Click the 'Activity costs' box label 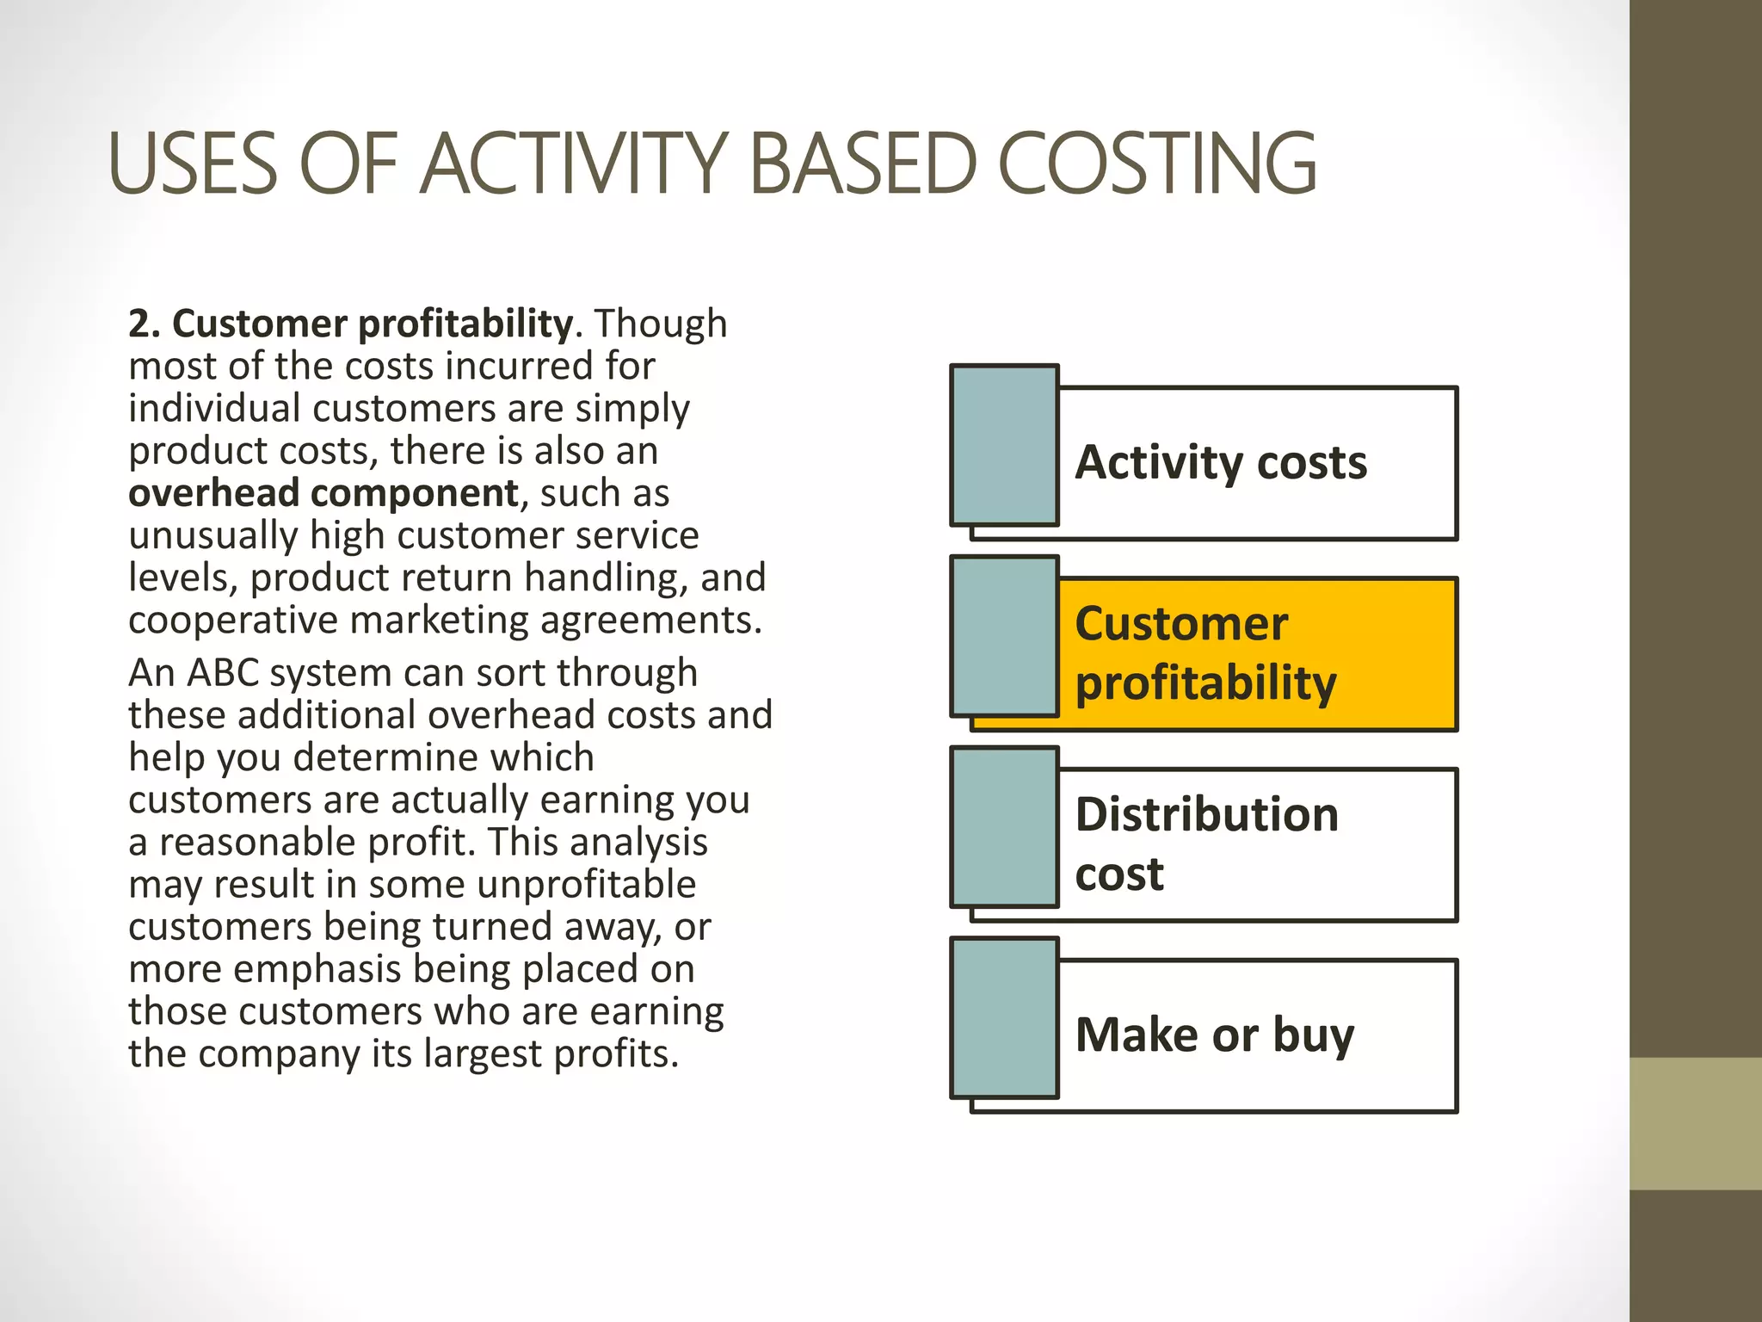(x=1221, y=463)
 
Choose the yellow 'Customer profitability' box (x=1257, y=654)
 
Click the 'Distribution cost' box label (x=1207, y=844)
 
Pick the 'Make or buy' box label (x=1215, y=1035)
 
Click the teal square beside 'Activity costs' (x=1004, y=445)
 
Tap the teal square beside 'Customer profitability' (x=1004, y=636)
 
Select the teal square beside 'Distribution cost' (x=1004, y=827)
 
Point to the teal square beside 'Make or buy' (x=1004, y=1018)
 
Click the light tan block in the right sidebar (x=1696, y=1124)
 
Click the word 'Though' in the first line (x=661, y=324)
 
